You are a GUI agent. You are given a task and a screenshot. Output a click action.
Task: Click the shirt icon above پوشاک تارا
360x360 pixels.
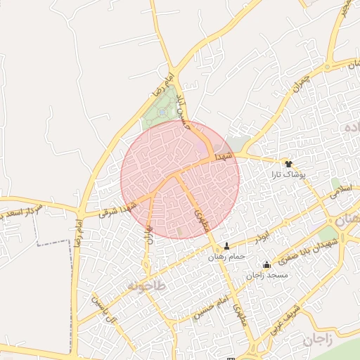pyautogui.click(x=288, y=162)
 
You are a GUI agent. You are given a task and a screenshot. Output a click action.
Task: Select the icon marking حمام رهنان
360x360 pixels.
pyautogui.click(x=226, y=246)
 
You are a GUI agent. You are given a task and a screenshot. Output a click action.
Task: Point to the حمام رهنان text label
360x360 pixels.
pyautogui.click(x=226, y=257)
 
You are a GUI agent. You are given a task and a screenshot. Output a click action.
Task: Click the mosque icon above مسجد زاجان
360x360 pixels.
pyautogui.click(x=266, y=265)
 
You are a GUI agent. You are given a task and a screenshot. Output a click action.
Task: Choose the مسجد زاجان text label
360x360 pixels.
pyautogui.click(x=267, y=276)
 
